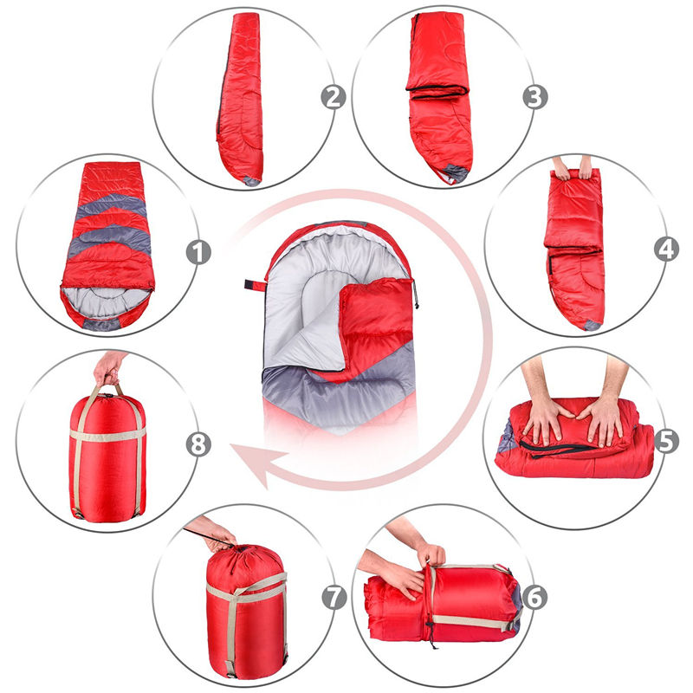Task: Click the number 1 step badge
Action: (198, 253)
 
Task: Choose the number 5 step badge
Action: (666, 441)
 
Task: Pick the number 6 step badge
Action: (534, 596)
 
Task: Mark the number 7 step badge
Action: (334, 597)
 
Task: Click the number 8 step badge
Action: (198, 444)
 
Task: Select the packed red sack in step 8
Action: (107, 455)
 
